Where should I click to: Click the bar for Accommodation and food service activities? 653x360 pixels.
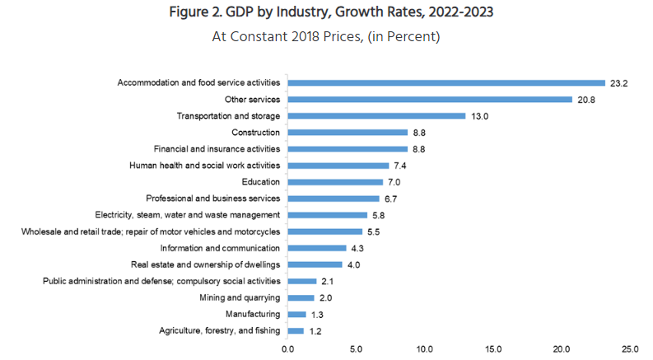click(x=446, y=83)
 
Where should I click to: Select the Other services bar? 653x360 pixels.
click(x=430, y=100)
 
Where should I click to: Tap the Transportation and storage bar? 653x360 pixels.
click(x=376, y=116)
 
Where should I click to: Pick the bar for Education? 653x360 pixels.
click(x=335, y=182)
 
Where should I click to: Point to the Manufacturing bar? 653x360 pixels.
click(x=296, y=314)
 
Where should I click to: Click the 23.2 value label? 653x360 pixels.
click(x=619, y=83)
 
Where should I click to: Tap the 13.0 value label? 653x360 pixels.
click(x=479, y=116)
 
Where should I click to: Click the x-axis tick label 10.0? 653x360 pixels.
click(x=425, y=349)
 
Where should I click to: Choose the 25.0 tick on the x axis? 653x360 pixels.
click(x=631, y=349)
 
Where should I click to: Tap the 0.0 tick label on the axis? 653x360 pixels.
click(x=287, y=349)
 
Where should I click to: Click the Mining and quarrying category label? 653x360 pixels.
click(x=240, y=297)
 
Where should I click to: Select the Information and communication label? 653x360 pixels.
click(x=221, y=248)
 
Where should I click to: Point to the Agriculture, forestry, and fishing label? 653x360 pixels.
click(x=219, y=330)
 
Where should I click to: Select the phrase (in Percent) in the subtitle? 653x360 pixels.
click(x=400, y=37)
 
